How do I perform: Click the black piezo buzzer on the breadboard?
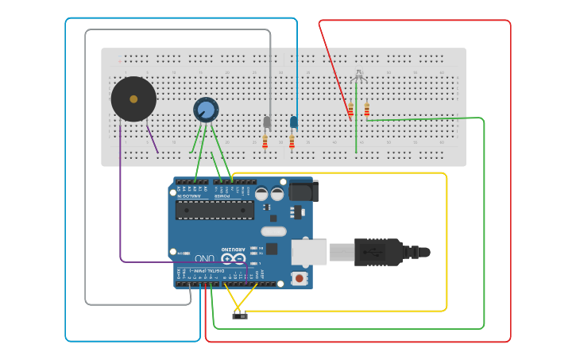point(133,99)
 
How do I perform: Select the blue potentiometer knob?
point(206,110)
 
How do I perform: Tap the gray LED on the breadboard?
point(267,122)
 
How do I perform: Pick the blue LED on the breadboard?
point(294,122)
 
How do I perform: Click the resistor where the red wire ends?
point(350,111)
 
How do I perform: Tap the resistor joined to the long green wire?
point(366,110)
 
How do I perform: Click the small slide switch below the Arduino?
point(239,315)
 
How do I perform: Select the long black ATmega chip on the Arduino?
point(215,210)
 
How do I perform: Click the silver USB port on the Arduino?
point(309,252)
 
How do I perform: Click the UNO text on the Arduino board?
point(204,259)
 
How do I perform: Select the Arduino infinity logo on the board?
point(233,259)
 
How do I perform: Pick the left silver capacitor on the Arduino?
point(261,193)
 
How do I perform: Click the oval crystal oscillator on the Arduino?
point(273,232)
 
